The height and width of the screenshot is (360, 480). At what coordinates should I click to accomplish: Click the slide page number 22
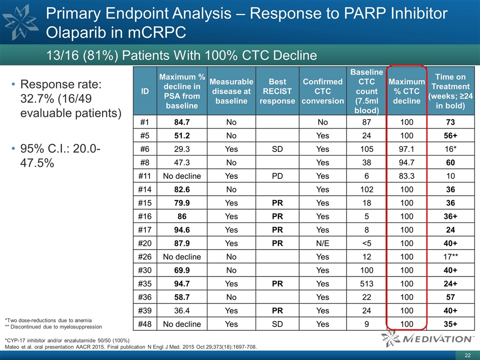467,355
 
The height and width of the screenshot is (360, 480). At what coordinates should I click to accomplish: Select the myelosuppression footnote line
53,326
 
